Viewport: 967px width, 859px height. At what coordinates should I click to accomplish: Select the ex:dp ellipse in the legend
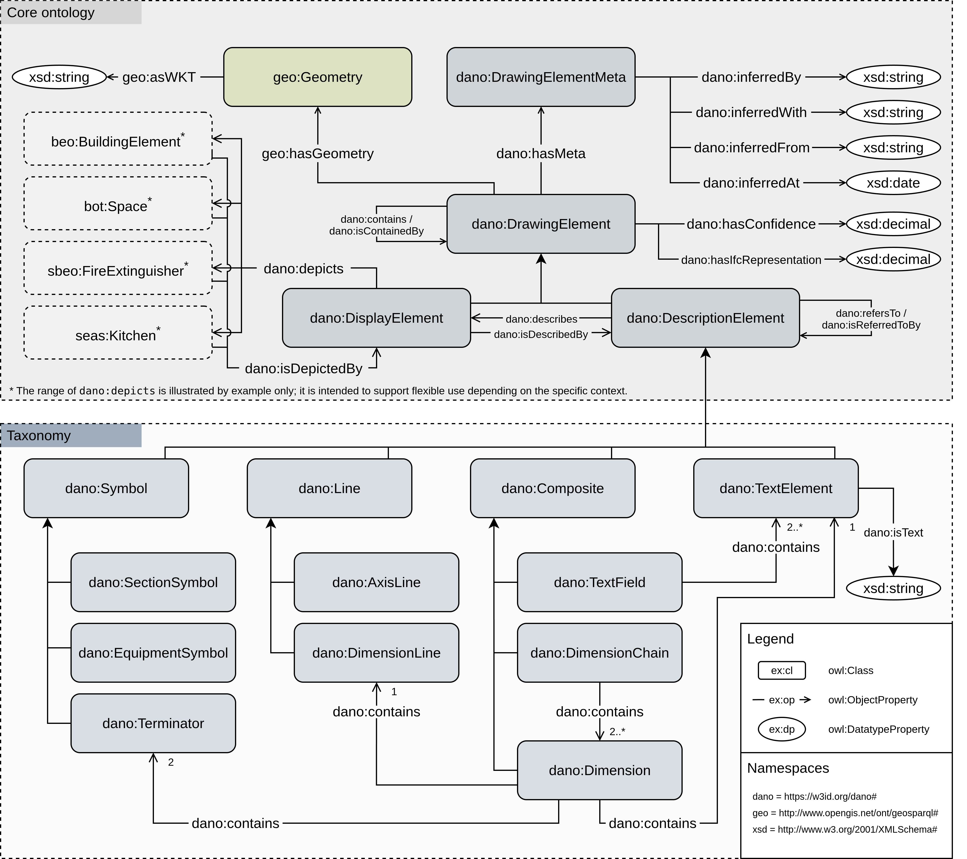coord(782,730)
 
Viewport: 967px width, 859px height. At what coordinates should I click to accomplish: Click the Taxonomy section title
coord(39,436)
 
